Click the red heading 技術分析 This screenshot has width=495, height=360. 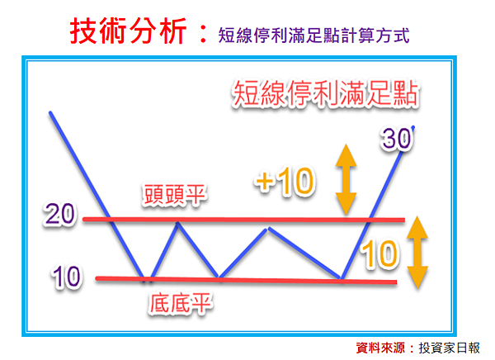click(129, 31)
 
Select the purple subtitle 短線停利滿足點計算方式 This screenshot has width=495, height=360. click(313, 35)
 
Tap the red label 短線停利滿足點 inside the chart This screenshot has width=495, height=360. click(326, 93)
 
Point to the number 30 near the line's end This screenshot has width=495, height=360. click(397, 139)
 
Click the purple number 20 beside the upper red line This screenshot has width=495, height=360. click(59, 214)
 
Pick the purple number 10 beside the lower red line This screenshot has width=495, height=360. click(66, 277)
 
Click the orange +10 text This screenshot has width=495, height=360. click(285, 181)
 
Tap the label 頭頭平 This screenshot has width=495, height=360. click(174, 195)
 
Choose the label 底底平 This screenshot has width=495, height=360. click(180, 303)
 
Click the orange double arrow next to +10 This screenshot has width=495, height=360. click(346, 179)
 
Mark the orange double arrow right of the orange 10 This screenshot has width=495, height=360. click(417, 252)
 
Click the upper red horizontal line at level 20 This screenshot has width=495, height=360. click(243, 220)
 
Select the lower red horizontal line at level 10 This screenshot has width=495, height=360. click(246, 280)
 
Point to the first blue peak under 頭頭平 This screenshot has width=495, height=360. click(177, 223)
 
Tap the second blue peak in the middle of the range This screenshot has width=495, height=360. click(268, 228)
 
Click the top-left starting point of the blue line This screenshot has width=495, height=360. click(50, 112)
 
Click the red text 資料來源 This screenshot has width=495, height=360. click(380, 348)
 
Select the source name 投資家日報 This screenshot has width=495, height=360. click(450, 348)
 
